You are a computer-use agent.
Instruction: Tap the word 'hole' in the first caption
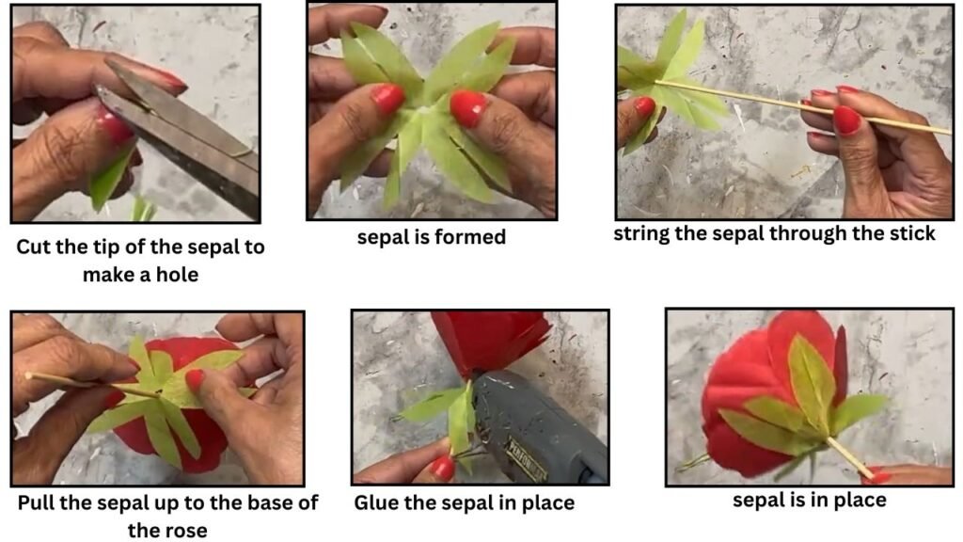pos(178,274)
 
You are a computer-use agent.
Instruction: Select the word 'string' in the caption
pos(639,234)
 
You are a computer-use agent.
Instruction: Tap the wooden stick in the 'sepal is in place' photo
pos(850,458)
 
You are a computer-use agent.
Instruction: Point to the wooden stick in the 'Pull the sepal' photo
pos(92,385)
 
